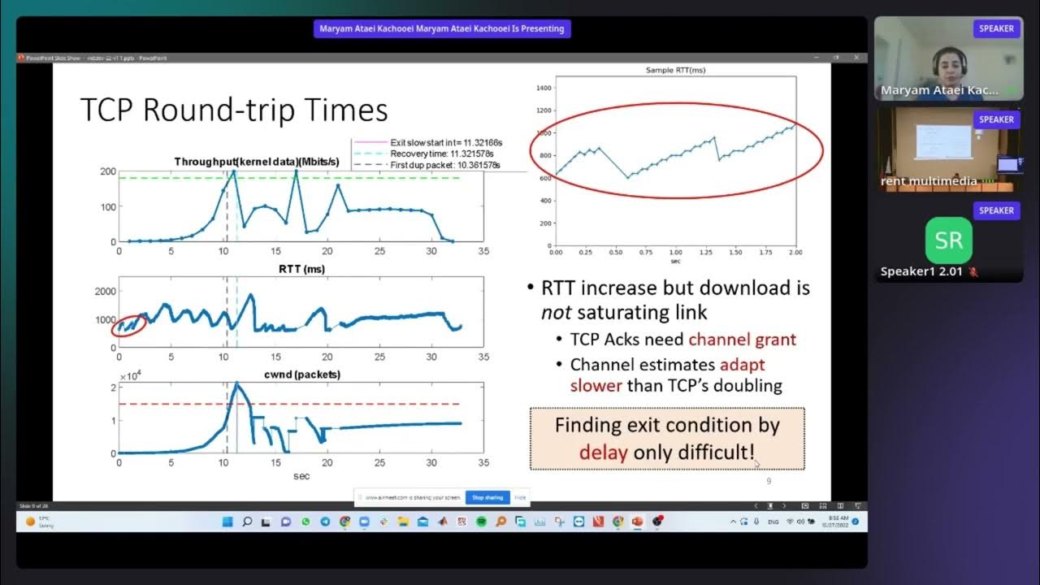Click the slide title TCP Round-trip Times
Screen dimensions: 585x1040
point(234,110)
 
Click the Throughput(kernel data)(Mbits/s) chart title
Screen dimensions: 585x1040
point(258,162)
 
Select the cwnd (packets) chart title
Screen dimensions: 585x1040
point(301,375)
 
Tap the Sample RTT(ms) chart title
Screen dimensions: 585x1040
point(676,71)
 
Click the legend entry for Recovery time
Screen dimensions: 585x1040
point(441,154)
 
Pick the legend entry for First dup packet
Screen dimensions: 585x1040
point(444,165)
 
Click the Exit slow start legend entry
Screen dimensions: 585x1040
point(444,142)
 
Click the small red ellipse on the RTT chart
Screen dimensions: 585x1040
point(128,325)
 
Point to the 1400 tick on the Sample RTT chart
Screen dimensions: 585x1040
point(543,88)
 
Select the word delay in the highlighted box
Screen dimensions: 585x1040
point(603,452)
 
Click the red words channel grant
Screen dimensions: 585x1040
point(742,340)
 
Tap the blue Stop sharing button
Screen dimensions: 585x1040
point(487,497)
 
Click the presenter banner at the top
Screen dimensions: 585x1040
point(442,29)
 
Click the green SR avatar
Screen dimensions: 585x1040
point(948,240)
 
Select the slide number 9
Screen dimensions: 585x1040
point(769,482)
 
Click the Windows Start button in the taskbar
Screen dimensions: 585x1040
point(227,522)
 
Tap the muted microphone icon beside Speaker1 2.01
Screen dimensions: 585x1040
point(973,271)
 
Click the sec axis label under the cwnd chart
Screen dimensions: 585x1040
point(301,476)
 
